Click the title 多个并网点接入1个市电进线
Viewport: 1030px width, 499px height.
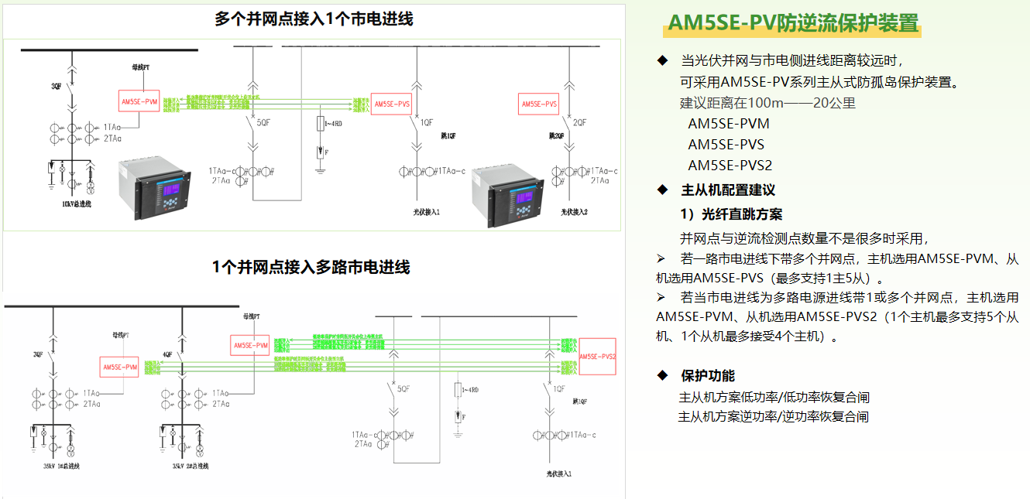click(314, 19)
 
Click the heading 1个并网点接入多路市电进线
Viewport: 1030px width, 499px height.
click(311, 268)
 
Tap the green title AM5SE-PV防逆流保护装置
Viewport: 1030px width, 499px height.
click(793, 23)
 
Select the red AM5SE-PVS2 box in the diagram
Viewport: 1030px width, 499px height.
click(597, 356)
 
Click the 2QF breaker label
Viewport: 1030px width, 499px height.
click(579, 122)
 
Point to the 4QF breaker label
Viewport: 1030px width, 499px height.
click(167, 354)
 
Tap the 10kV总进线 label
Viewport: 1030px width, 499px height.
click(77, 203)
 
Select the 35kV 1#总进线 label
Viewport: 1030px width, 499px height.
click(62, 467)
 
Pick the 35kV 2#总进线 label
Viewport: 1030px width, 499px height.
click(190, 467)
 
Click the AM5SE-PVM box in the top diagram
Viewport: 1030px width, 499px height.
click(140, 101)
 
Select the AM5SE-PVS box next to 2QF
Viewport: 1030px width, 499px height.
click(539, 104)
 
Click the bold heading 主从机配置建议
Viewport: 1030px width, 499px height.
click(727, 190)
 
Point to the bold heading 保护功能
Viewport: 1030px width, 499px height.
click(708, 376)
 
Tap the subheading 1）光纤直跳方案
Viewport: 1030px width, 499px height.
click(731, 214)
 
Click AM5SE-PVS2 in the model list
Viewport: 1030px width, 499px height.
click(730, 165)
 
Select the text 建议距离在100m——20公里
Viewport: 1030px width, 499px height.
click(767, 103)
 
